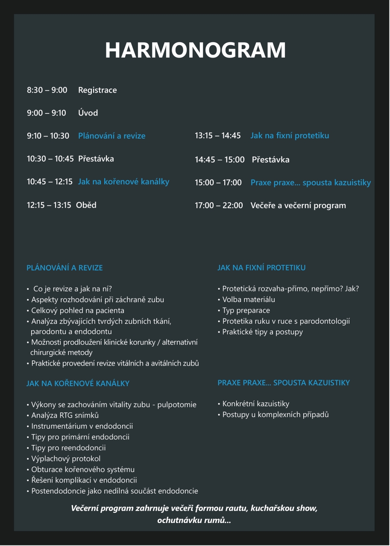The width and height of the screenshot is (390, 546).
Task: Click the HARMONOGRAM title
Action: pyautogui.click(x=195, y=50)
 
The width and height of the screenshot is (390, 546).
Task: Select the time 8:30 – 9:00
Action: pyautogui.click(x=47, y=90)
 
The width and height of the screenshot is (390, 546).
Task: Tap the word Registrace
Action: pyautogui.click(x=97, y=90)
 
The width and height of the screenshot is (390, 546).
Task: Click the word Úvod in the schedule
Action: pyautogui.click(x=88, y=113)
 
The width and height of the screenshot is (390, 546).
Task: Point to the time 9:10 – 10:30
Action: pyautogui.click(x=48, y=136)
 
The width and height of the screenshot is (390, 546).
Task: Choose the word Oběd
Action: pyautogui.click(x=86, y=205)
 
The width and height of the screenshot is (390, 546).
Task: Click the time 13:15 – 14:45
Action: pyautogui.click(x=218, y=136)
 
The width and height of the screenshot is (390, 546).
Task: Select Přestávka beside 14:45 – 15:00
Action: pyautogui.click(x=270, y=160)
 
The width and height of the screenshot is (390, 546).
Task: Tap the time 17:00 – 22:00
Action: pyautogui.click(x=219, y=206)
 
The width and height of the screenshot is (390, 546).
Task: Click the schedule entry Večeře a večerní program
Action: pyautogui.click(x=298, y=206)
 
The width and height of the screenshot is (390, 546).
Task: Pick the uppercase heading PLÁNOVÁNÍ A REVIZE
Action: pyautogui.click(x=65, y=268)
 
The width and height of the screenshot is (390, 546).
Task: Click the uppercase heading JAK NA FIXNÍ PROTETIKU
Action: pyautogui.click(x=261, y=268)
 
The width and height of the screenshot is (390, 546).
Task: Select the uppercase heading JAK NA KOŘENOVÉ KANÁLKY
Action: pyautogui.click(x=78, y=383)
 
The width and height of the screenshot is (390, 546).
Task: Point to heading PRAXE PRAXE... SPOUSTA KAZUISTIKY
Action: pyautogui.click(x=284, y=383)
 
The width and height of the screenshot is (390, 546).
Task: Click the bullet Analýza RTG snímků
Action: pyautogui.click(x=65, y=415)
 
